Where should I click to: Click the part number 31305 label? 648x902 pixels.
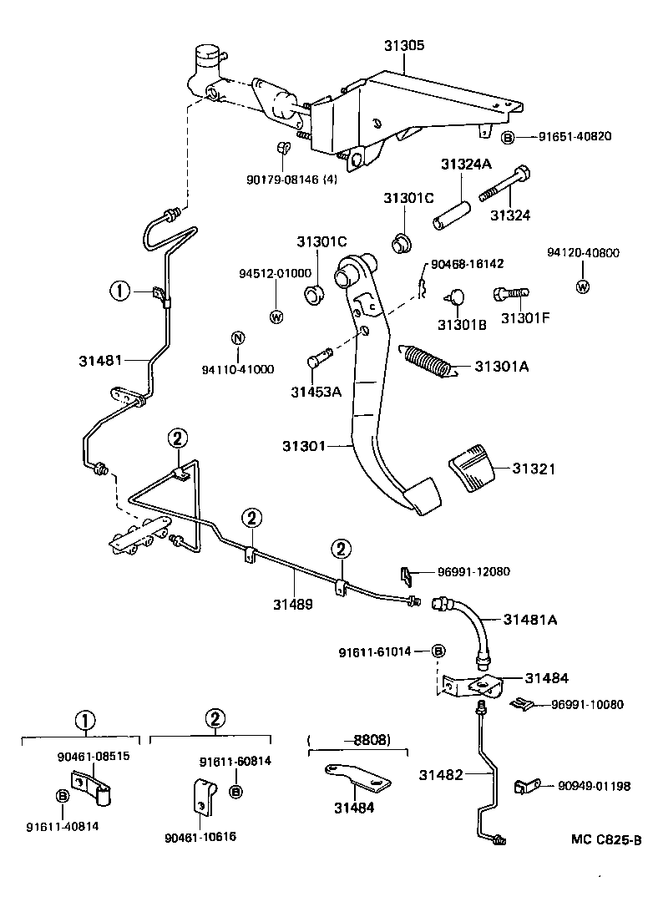click(x=405, y=46)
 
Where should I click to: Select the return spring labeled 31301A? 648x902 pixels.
click(x=428, y=364)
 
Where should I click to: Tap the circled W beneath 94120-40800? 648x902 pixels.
click(x=582, y=287)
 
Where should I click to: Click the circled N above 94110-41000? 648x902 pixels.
click(x=237, y=338)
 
